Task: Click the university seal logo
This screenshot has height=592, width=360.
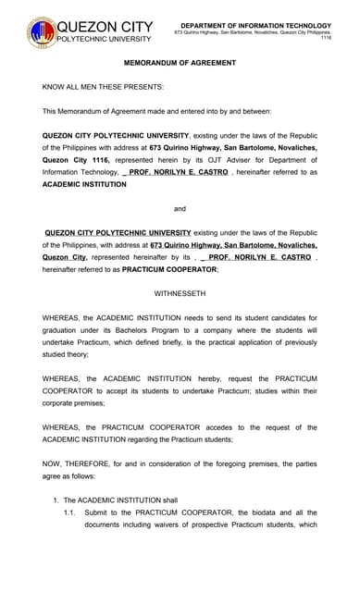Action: point(42,32)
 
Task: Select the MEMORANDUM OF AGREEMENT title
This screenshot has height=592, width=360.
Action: point(180,63)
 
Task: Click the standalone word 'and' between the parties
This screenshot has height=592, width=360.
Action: point(180,209)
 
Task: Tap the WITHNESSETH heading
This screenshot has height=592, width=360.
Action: point(180,293)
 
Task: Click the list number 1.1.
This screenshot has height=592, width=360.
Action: point(69,512)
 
